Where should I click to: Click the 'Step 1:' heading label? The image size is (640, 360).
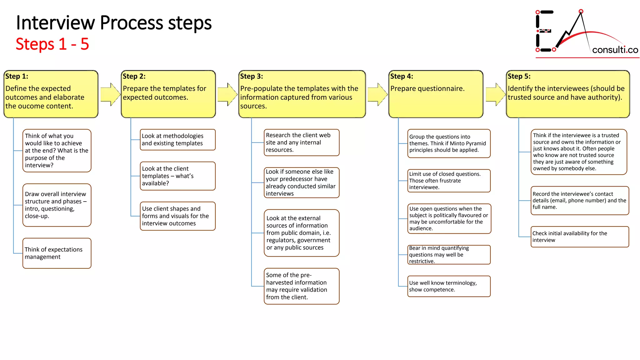coord(17,76)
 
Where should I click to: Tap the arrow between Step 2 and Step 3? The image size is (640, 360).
coord(227,94)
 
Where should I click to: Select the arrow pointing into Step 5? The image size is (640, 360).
coord(495,94)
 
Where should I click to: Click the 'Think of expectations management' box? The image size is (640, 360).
coord(57,253)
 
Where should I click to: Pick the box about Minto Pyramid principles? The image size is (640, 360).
coord(449,143)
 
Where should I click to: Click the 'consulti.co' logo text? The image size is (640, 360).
coord(615,50)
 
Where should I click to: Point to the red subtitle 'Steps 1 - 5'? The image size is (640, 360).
coord(52,44)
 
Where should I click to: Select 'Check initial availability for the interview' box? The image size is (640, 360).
coord(579,237)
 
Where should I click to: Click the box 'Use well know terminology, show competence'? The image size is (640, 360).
coord(449,286)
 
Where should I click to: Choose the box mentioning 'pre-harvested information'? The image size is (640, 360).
coord(301,286)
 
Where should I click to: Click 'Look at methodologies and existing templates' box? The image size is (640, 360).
coord(177,140)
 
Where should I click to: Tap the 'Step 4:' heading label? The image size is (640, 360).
coord(402,76)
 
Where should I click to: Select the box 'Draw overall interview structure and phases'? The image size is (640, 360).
coord(57,205)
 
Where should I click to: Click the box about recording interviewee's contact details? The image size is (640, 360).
coord(579,200)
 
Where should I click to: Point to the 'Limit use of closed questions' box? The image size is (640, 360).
coord(449,181)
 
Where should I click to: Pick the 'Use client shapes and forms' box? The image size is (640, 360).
coord(177,216)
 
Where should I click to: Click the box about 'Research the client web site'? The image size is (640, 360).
coord(301,142)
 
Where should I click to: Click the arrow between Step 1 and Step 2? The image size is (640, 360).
coord(110,94)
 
